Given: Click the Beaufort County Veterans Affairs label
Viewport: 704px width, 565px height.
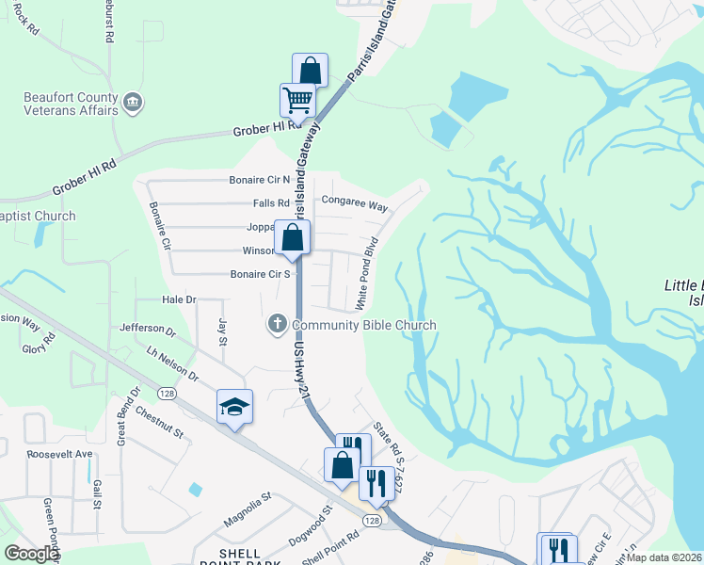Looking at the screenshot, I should click(71, 103).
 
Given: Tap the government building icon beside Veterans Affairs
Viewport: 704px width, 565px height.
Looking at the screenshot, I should click(133, 102).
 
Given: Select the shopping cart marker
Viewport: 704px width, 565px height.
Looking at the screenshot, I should click(297, 99).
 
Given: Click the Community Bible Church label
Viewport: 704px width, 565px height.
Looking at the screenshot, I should click(364, 325).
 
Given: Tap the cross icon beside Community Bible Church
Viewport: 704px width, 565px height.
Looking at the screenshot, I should click(278, 325).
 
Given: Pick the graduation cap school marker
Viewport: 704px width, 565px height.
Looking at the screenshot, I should click(234, 406).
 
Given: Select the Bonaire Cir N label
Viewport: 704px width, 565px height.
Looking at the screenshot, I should click(261, 180).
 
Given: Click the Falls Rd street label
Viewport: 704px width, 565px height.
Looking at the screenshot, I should click(271, 203).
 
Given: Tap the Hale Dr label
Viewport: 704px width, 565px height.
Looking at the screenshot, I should click(179, 299).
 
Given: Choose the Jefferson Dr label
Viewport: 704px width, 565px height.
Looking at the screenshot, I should click(148, 331).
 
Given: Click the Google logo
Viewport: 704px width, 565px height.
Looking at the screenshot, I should click(32, 554).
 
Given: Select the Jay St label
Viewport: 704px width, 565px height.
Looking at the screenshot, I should click(223, 332).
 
